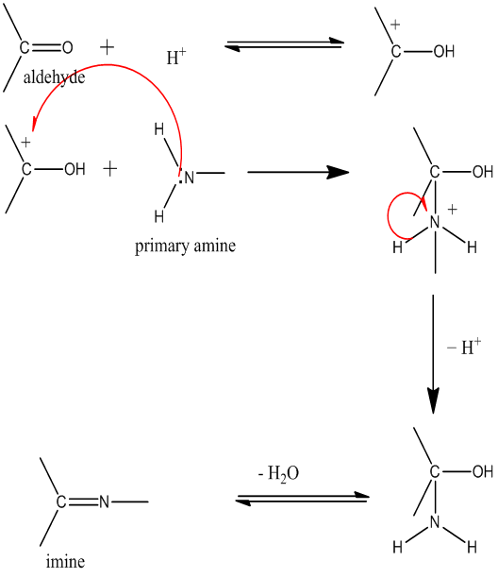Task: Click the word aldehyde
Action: pyautogui.click(x=54, y=77)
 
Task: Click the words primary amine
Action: pyautogui.click(x=185, y=246)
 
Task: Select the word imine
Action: pyautogui.click(x=65, y=561)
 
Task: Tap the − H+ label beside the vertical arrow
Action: pyautogui.click(x=464, y=347)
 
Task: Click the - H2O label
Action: pyautogui.click(x=278, y=473)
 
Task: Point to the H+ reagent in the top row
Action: pyautogui.click(x=176, y=57)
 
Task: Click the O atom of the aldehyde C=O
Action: pyautogui.click(x=68, y=47)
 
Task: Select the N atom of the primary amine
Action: pyautogui.click(x=190, y=178)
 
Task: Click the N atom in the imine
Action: pyautogui.click(x=104, y=501)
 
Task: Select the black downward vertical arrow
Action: pyautogui.click(x=433, y=354)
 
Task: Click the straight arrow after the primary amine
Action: pyautogui.click(x=298, y=172)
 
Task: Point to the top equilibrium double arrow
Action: pyautogui.click(x=284, y=43)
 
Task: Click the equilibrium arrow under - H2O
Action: pyautogui.click(x=302, y=498)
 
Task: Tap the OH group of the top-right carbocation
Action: pyautogui.click(x=444, y=52)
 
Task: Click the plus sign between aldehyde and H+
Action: pyautogui.click(x=108, y=47)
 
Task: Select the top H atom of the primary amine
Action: pyautogui.click(x=159, y=129)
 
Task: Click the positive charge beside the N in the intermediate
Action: pyautogui.click(x=453, y=210)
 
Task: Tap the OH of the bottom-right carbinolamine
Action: pyautogui.click(x=483, y=471)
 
